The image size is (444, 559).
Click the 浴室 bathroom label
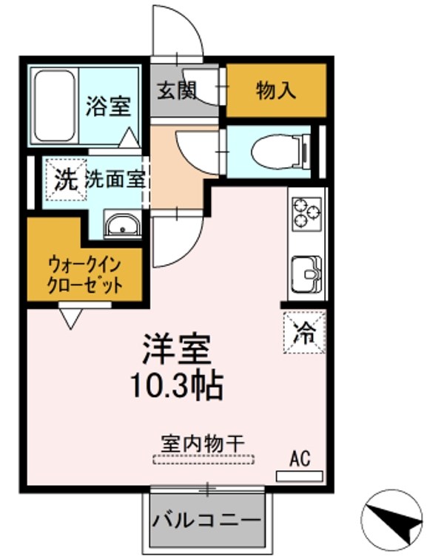(107, 106)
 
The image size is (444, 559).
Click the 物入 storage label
(276, 90)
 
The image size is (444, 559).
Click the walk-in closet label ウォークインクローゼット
(84, 273)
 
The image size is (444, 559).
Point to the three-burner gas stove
(307, 211)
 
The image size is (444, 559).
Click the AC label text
(299, 459)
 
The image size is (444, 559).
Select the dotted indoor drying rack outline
(203, 459)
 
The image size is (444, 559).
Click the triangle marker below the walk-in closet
(71, 317)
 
